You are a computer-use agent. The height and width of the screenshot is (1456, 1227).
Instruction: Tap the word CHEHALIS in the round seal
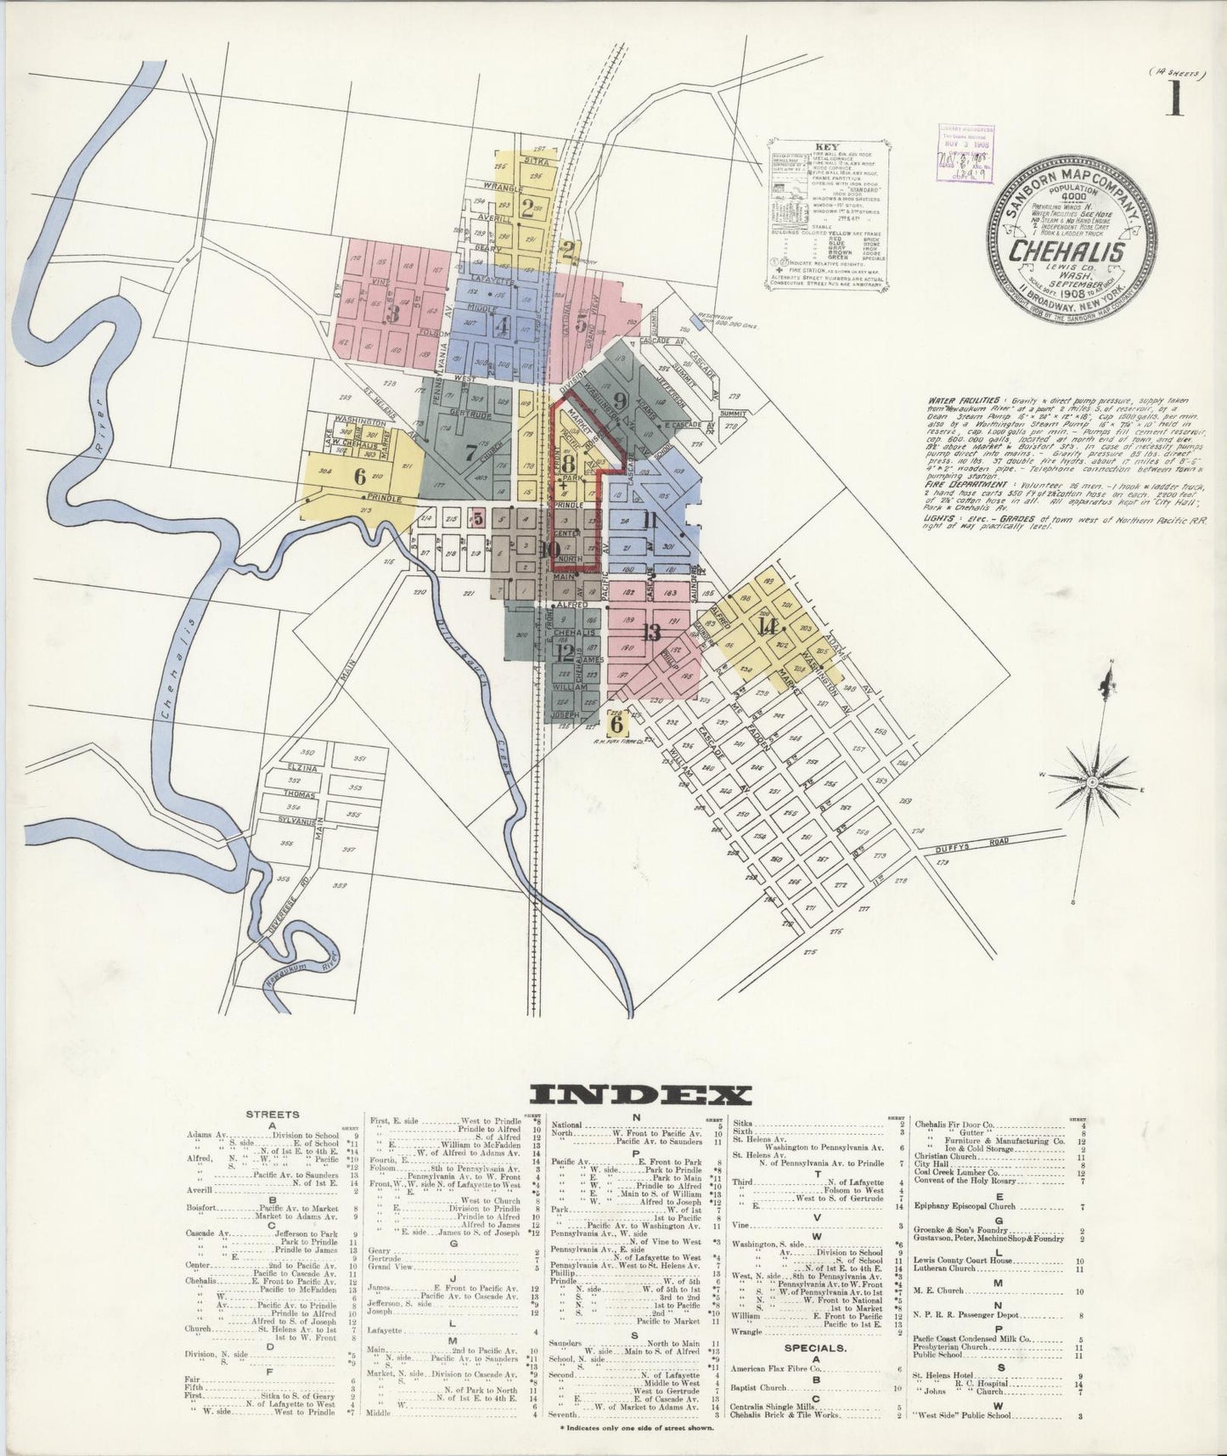pyautogui.click(x=1067, y=252)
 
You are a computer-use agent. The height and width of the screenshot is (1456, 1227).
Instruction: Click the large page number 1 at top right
pyautogui.click(x=1175, y=100)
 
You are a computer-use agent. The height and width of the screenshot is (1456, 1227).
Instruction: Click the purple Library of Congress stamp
pyautogui.click(x=965, y=153)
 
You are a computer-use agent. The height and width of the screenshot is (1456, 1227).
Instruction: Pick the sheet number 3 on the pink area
pyautogui.click(x=392, y=313)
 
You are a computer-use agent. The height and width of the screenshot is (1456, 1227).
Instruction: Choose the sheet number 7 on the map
pyautogui.click(x=470, y=451)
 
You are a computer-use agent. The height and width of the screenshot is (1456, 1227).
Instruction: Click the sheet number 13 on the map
pyautogui.click(x=651, y=631)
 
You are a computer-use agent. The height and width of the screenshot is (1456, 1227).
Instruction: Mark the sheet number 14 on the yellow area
pyautogui.click(x=768, y=627)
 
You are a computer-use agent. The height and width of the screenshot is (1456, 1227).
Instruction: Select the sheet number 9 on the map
pyautogui.click(x=619, y=401)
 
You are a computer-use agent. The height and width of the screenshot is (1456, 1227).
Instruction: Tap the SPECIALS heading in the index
pyautogui.click(x=814, y=1347)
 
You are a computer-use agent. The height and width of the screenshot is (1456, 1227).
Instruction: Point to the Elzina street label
pyautogui.click(x=303, y=767)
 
